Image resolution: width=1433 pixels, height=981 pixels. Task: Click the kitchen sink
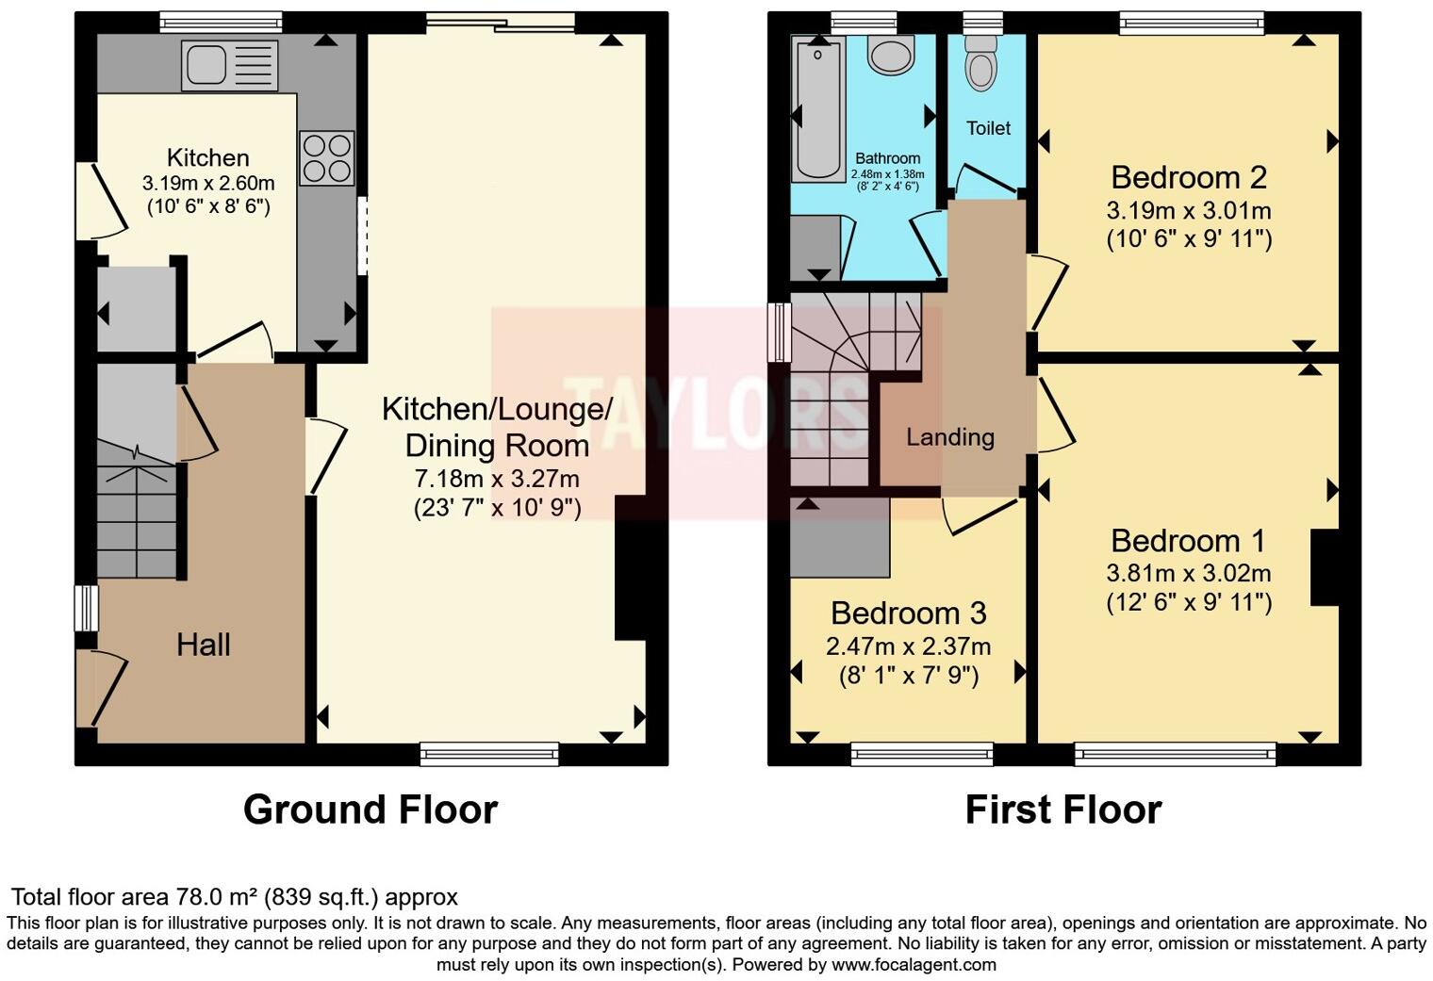click(x=230, y=66)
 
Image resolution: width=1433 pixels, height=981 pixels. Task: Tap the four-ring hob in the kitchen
click(x=327, y=158)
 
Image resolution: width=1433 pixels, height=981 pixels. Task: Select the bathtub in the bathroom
click(x=818, y=108)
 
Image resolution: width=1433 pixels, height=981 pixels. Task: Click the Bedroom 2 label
click(x=1189, y=177)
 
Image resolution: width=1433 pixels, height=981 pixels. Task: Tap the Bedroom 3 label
click(x=909, y=613)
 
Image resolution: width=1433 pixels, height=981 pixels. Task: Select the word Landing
click(x=950, y=437)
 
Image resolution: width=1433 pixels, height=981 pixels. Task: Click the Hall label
click(x=204, y=645)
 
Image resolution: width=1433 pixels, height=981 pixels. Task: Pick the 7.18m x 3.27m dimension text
click(x=497, y=479)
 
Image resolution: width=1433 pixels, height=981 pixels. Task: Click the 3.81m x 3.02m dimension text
click(x=1189, y=573)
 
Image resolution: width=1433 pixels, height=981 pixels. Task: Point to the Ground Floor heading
click(x=371, y=809)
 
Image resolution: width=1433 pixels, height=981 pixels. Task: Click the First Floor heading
click(x=1063, y=809)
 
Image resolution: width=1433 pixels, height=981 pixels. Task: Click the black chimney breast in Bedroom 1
click(x=1325, y=567)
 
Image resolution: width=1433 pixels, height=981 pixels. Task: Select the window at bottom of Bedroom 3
click(x=922, y=753)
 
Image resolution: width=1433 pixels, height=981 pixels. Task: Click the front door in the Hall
click(x=103, y=688)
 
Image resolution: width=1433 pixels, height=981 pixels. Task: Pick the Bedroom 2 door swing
click(x=1047, y=292)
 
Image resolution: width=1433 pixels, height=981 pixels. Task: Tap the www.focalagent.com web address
click(x=911, y=964)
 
